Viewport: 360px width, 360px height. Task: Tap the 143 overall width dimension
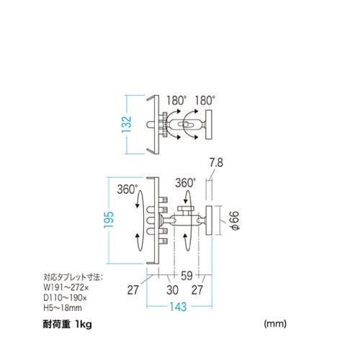(179, 307)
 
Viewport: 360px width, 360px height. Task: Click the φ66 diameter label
(233, 221)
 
